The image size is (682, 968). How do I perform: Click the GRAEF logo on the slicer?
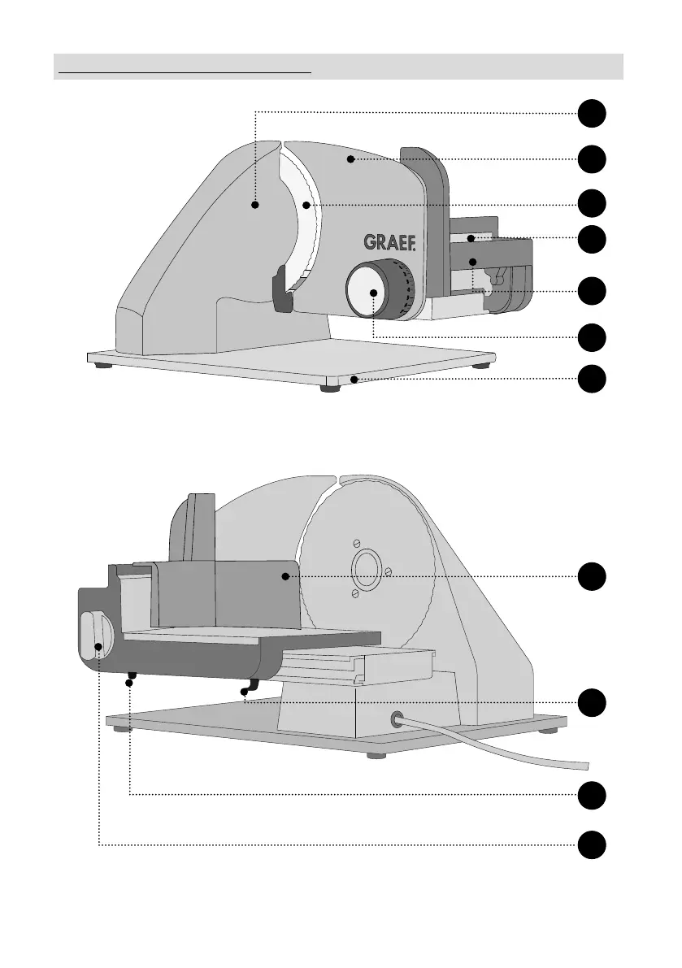click(389, 242)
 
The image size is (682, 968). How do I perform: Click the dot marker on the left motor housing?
click(254, 206)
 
